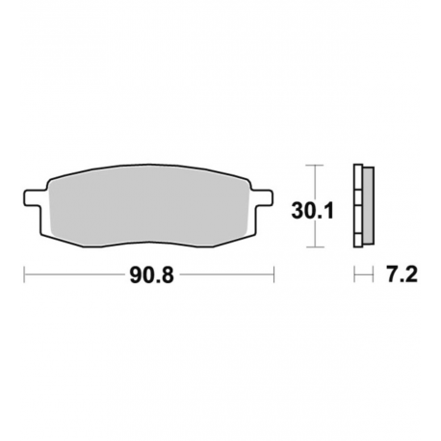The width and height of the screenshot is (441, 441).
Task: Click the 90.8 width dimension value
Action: coord(151,275)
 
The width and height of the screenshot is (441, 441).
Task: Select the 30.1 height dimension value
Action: coord(313,211)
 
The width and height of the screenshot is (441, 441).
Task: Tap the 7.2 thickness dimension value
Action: coord(402,275)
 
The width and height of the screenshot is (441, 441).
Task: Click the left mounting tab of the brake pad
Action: coord(33,197)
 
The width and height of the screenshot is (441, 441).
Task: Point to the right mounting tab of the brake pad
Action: coord(264,197)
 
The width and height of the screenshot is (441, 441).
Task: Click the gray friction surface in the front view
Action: coord(149,206)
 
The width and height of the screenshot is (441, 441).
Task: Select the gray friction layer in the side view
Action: coord(369,205)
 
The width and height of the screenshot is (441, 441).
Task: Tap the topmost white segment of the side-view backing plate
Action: coord(358,177)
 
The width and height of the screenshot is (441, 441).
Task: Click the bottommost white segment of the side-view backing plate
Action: coord(358,241)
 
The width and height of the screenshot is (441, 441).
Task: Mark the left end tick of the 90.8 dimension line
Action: coord(24,274)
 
